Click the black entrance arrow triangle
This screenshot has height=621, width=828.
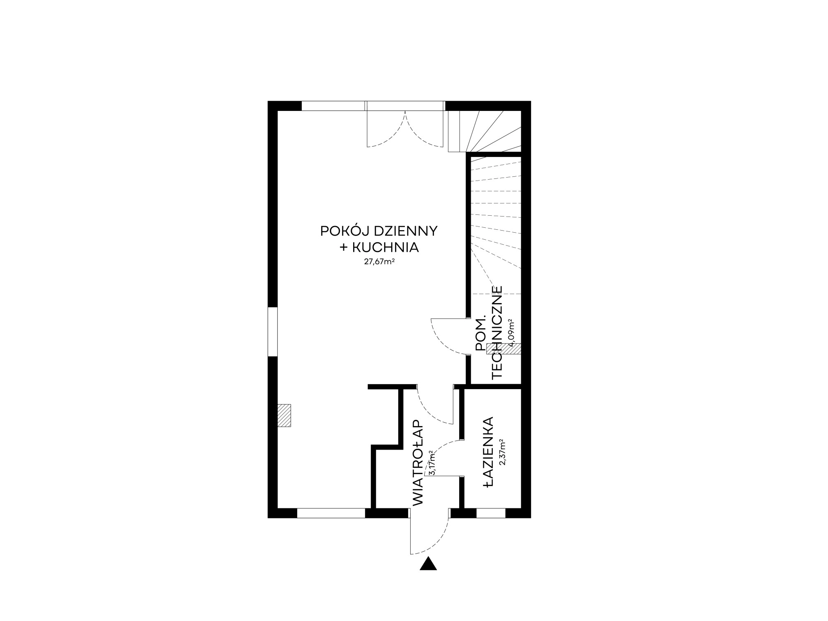[428, 564]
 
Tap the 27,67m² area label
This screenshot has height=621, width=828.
[379, 261]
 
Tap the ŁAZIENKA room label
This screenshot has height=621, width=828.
[489, 453]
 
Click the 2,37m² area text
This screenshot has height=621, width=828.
[503, 453]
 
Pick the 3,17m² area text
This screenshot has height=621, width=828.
[432, 462]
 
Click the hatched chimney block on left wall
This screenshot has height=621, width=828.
[284, 415]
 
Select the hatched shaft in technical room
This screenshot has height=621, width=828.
[504, 349]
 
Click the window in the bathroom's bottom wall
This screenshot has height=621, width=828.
[491, 513]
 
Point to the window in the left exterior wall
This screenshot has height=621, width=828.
[272, 332]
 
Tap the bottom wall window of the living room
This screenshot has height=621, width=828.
[331, 513]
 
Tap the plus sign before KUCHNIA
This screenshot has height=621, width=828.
[344, 248]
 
